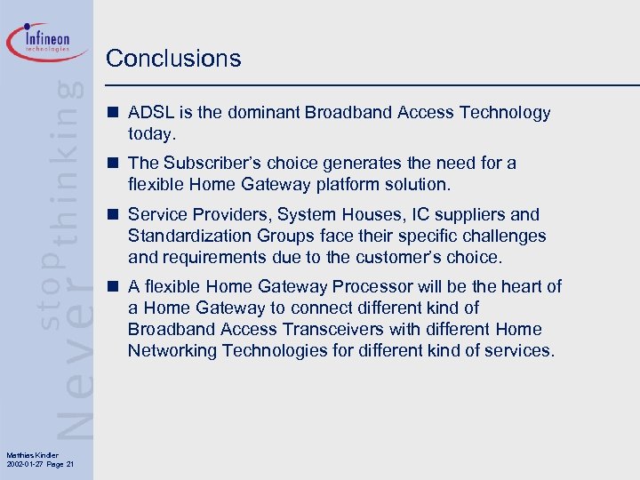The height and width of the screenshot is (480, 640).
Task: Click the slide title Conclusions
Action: (173, 59)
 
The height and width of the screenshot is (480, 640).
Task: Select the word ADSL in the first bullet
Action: (149, 113)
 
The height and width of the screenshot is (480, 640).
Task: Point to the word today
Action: (153, 134)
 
